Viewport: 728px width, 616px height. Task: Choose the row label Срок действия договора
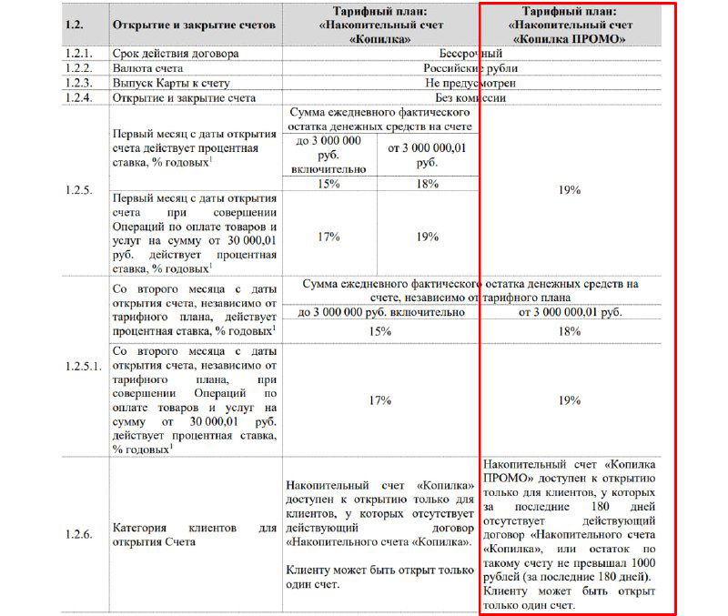[x=175, y=54]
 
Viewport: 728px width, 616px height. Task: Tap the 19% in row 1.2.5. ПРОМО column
[x=571, y=190]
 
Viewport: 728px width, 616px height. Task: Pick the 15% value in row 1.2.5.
[x=329, y=183]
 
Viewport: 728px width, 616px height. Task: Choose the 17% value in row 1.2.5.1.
[x=379, y=399]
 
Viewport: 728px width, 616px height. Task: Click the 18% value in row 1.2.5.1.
[x=571, y=331]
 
